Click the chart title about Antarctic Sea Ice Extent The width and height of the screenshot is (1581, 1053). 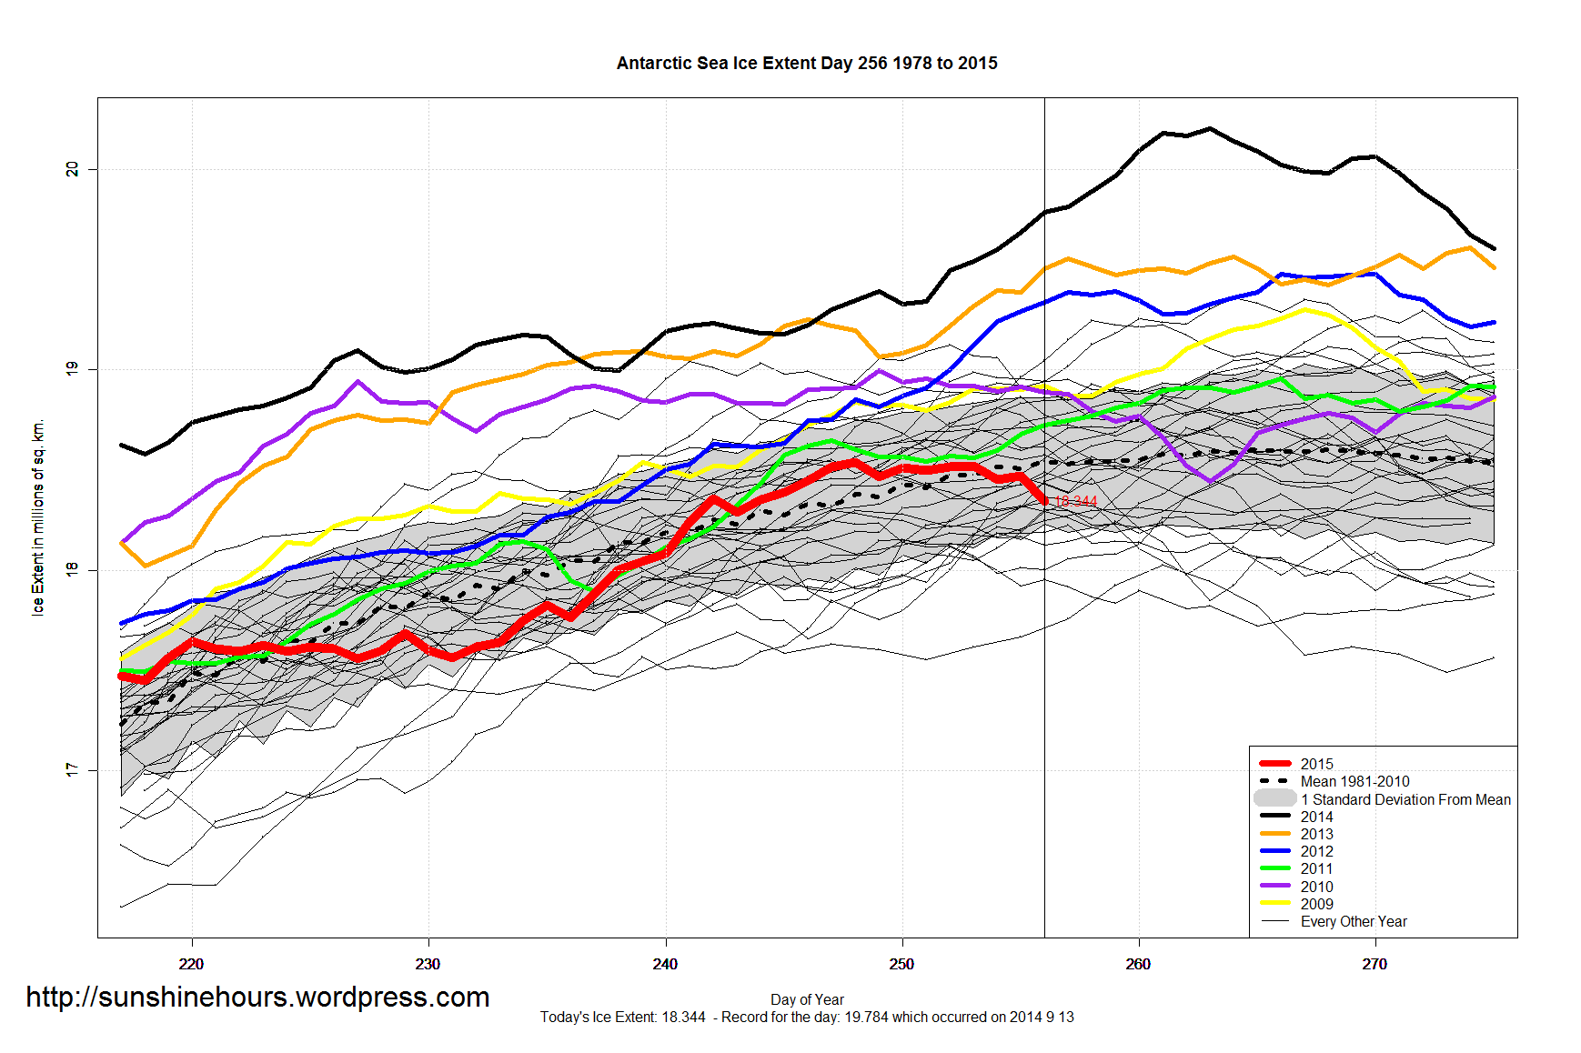click(807, 64)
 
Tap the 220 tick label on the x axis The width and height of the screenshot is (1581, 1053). click(191, 964)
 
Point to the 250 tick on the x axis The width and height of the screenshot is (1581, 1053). click(901, 964)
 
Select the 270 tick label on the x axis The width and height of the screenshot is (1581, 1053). click(1375, 964)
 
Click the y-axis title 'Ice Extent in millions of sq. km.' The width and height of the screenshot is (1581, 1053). click(38, 517)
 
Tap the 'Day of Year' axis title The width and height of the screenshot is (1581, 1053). click(807, 999)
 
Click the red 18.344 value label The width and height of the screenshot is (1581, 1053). click(1075, 502)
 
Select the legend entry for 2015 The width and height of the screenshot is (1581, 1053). click(1316, 764)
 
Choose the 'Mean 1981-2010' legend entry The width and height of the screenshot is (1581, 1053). click(1354, 781)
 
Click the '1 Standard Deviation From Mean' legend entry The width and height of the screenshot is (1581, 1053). click(1405, 799)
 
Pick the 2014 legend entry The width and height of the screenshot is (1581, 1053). click(1316, 817)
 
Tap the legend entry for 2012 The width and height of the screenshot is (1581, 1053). click(1316, 851)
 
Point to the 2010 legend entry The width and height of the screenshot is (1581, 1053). click(1316, 887)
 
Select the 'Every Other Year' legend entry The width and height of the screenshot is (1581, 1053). click(1354, 921)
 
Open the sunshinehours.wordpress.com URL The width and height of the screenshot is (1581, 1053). click(257, 998)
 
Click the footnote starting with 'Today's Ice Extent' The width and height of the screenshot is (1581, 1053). click(807, 1017)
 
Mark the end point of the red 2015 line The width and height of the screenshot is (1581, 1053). click(1044, 501)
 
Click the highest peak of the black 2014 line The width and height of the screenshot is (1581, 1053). click(1210, 128)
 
